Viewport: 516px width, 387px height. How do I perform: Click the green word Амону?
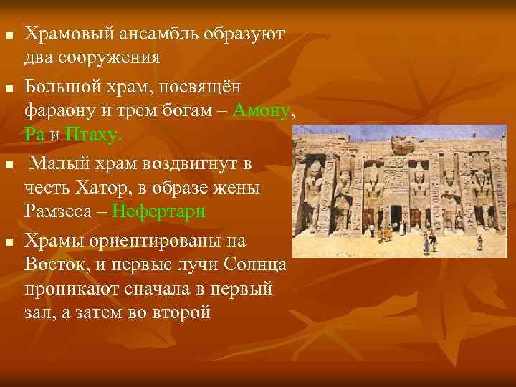[262, 110]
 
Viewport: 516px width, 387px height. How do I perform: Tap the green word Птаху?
[94, 134]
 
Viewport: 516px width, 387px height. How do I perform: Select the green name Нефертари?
[158, 211]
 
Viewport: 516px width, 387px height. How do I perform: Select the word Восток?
[52, 264]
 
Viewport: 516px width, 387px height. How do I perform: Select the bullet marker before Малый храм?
[8, 166]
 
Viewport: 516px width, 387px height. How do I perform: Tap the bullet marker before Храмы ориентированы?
[8, 242]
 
